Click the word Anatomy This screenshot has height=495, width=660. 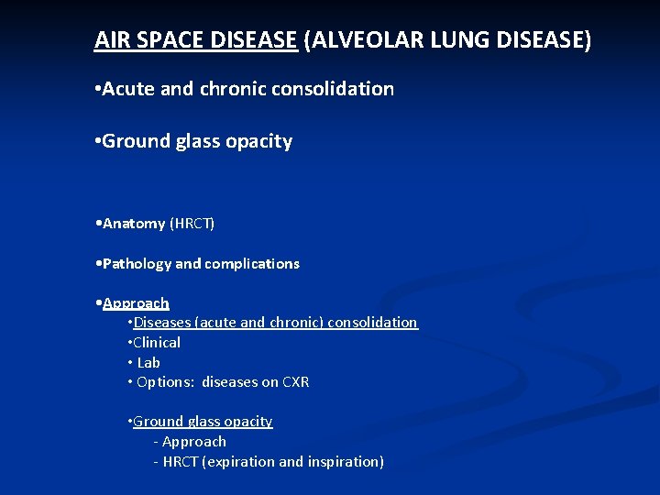coord(134,224)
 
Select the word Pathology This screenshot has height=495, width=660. coord(137,264)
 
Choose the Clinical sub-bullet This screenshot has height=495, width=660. coord(157,343)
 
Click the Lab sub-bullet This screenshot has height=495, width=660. coord(148,363)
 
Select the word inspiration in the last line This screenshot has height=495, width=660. coord(341,462)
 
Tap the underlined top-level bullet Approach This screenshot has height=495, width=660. coord(136,303)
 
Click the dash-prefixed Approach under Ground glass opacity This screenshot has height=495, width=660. coord(194,442)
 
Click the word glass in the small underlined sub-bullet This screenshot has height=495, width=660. coord(204,422)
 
